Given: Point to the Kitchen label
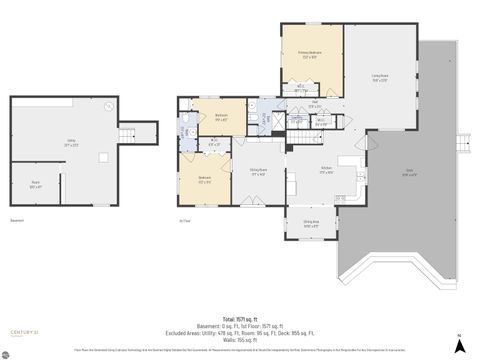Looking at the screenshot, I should pos(325,171).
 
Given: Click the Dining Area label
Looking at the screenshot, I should pos(311,224).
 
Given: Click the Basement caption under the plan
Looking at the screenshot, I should pos(17,220).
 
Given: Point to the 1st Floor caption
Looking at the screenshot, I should pos(184,220).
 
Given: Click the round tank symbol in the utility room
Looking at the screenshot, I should pos(111,107).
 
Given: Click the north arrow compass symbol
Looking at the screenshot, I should pos(459,345).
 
